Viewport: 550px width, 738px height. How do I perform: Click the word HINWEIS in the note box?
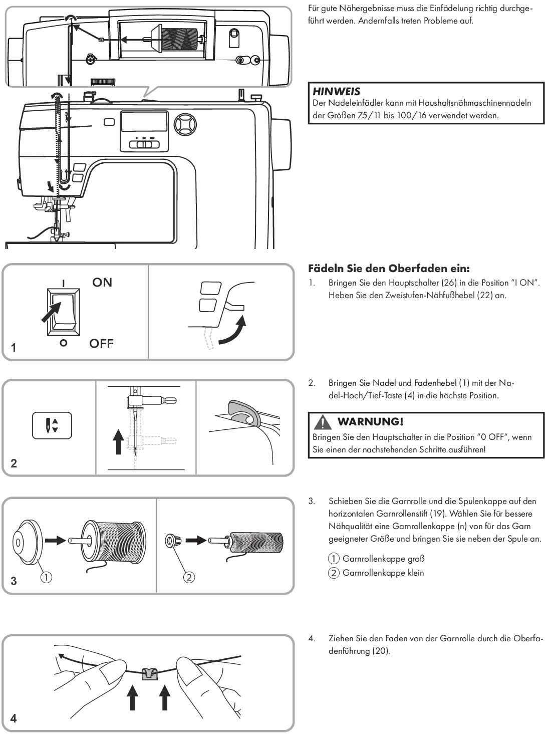336,92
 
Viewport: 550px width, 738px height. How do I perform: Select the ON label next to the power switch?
102,283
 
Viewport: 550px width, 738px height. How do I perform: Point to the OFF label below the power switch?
102,344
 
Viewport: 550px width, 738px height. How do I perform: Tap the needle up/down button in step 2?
52,424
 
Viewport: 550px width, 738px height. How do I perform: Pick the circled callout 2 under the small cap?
189,578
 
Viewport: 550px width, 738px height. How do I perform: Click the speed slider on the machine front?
144,145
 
